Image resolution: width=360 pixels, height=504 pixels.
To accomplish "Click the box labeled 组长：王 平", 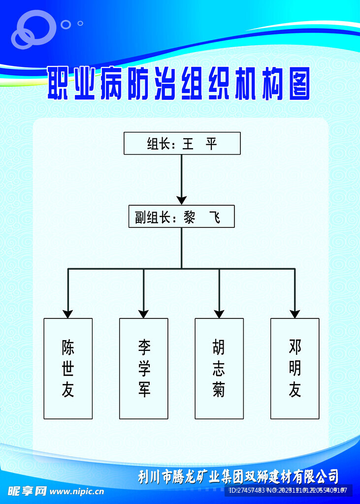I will coord(182,143).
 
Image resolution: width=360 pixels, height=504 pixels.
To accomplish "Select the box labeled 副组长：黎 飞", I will coord(181,217).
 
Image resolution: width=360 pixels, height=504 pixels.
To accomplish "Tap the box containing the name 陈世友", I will coord(68,368).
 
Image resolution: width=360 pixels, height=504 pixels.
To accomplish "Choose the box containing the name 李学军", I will coord(143,368).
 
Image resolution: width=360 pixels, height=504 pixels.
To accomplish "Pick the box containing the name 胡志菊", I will coord(219,368).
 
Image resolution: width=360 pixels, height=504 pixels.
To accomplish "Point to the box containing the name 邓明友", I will coord(295,368).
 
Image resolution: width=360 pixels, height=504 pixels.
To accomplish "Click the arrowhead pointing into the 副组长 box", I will coord(182,200).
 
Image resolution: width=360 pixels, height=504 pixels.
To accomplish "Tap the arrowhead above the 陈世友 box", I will coord(68,314).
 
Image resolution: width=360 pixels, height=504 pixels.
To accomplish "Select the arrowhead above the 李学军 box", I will coord(143,314).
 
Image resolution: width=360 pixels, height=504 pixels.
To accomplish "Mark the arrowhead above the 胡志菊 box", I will coord(219,314).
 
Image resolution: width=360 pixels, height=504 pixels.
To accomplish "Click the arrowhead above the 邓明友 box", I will coord(295,314).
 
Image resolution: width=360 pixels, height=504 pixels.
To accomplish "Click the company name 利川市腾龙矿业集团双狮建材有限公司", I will coord(238,476).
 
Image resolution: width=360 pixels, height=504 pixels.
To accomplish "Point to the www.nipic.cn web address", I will coord(77,491).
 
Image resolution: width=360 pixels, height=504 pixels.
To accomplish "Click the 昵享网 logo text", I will coord(27,491).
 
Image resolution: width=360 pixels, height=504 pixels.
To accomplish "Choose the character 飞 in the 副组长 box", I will coord(215,217).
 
